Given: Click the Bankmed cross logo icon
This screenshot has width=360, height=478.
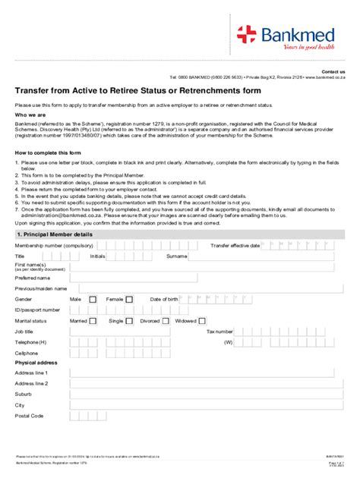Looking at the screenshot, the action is coord(247,33).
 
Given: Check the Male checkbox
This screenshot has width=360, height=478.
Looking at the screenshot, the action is coord(93,300).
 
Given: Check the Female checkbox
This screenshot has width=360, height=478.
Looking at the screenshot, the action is coord(129,300).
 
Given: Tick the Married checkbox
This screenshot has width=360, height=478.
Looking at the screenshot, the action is coord(93,321).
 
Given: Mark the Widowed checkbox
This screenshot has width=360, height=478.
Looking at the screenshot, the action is coord(201,321).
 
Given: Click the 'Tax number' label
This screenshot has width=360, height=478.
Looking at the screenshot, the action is coord(219,332).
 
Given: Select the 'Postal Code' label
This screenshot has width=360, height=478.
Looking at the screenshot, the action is coord(30,416).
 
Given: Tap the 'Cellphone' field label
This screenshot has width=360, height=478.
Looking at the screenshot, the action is coord(27,353).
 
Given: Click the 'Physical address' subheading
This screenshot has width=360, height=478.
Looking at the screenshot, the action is coord(36,363).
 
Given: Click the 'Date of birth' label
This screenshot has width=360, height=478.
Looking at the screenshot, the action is coord(165,300).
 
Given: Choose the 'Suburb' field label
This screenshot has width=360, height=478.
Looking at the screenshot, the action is coord(24,395).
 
